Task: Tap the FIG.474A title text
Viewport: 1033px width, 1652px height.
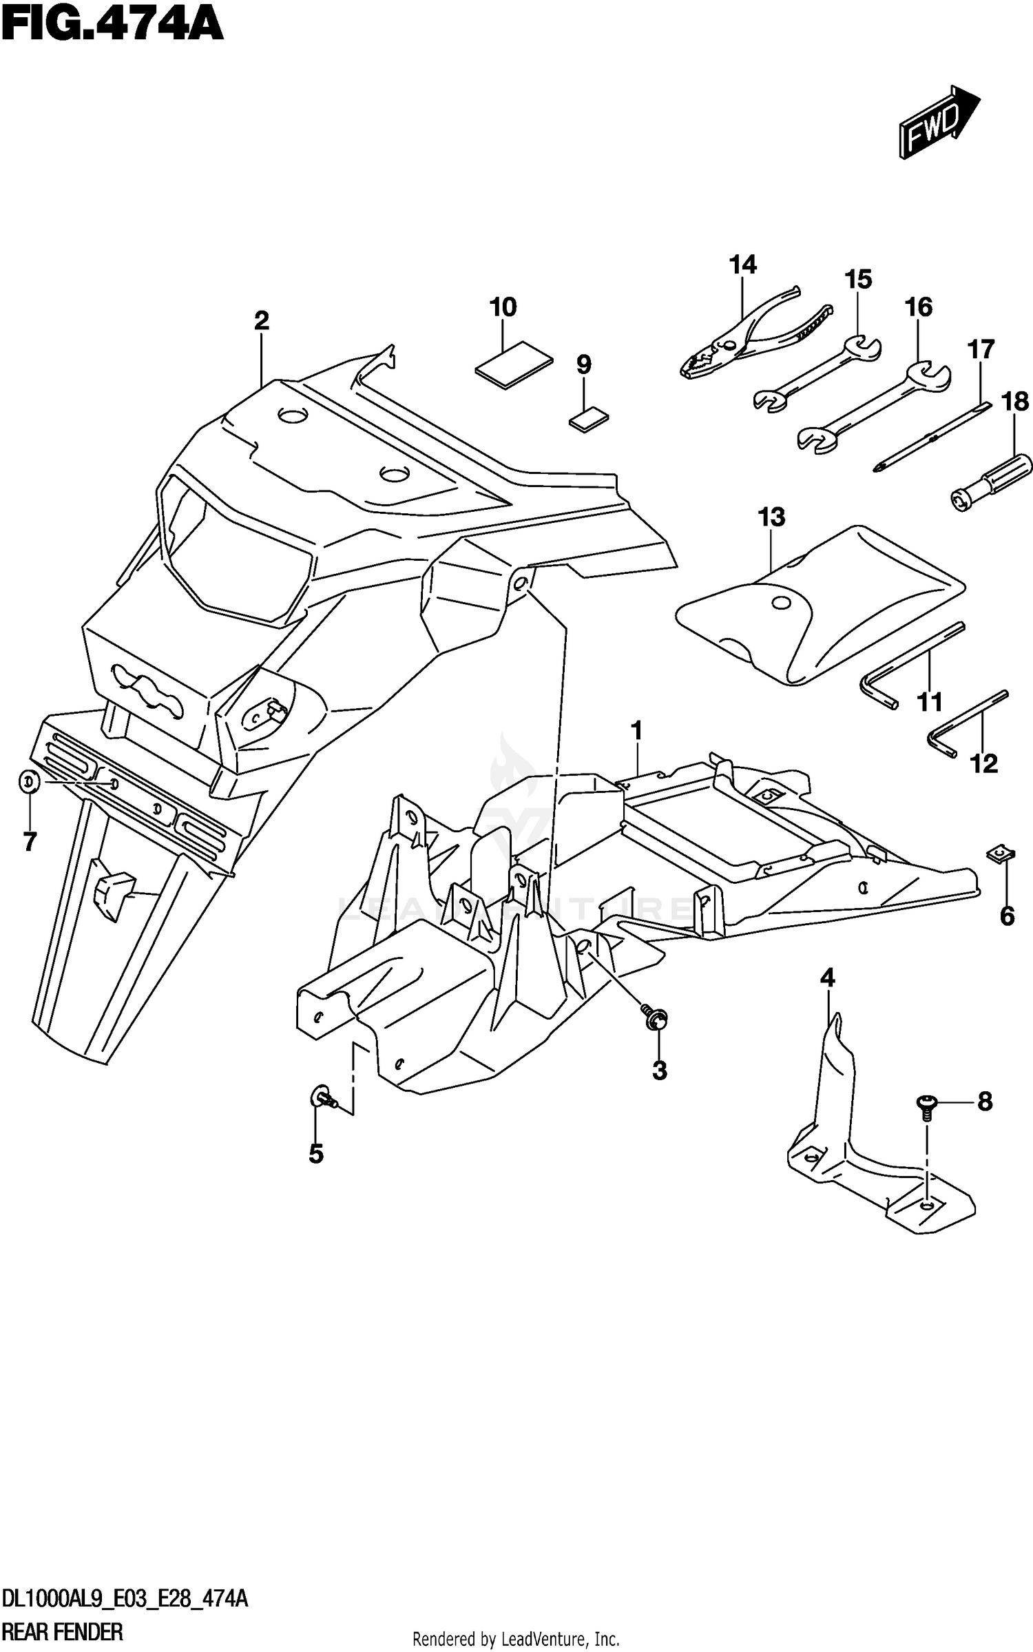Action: click(x=112, y=25)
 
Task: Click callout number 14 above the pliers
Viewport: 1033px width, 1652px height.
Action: click(x=743, y=265)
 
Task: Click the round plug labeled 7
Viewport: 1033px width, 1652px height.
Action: click(x=29, y=782)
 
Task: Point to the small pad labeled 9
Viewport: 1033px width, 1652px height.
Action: click(x=589, y=419)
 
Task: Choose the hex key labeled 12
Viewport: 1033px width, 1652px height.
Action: click(x=968, y=723)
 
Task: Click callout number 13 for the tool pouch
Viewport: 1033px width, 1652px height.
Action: click(x=771, y=517)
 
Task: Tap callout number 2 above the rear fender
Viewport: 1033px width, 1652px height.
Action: click(x=261, y=320)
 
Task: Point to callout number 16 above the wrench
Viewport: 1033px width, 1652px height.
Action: click(x=919, y=307)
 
